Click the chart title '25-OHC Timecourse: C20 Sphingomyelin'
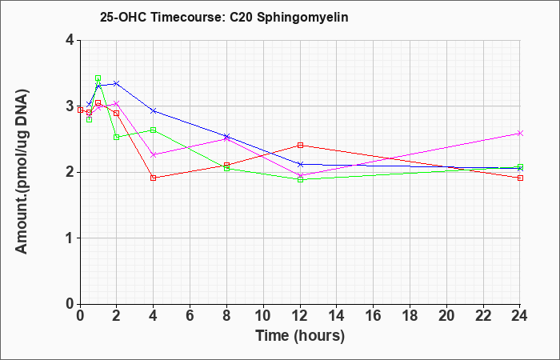[x=224, y=17]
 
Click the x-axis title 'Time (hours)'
[x=300, y=336]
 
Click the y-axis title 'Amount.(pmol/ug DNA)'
[x=22, y=171]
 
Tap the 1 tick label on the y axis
[x=70, y=238]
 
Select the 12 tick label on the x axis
[x=300, y=316]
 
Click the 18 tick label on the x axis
[x=410, y=316]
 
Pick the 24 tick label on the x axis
[x=520, y=316]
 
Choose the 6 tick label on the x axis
[x=190, y=316]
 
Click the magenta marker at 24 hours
[x=520, y=134]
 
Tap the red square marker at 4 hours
[x=154, y=178]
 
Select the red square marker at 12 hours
[x=300, y=145]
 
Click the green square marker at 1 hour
[x=98, y=78]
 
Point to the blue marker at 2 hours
[x=116, y=83]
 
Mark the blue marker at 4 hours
[x=154, y=111]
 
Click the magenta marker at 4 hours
[x=154, y=154]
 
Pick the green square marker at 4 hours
[x=154, y=130]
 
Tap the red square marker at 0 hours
[x=80, y=110]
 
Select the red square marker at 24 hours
[x=520, y=178]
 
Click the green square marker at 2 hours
[x=116, y=137]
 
